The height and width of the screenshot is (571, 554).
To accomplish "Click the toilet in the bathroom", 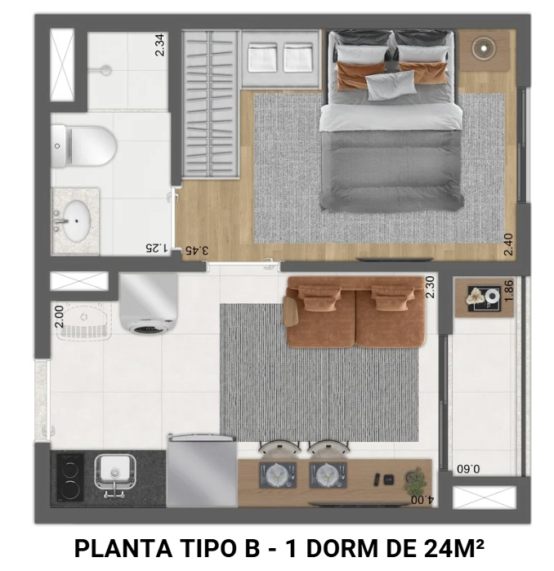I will tap(85, 146).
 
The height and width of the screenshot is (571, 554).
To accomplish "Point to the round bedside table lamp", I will tap(485, 49).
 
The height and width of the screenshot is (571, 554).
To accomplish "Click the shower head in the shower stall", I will tap(105, 70).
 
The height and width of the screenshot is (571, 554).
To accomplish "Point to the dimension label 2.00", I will tap(58, 316).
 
